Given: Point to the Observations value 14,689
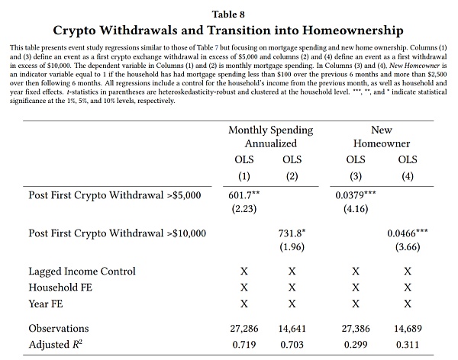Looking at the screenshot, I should pos(408,329).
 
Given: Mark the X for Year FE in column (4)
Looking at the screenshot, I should pos(408,304).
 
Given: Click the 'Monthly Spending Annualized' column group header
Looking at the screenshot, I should pos(268,136).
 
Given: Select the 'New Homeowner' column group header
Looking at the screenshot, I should pos(382,136).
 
